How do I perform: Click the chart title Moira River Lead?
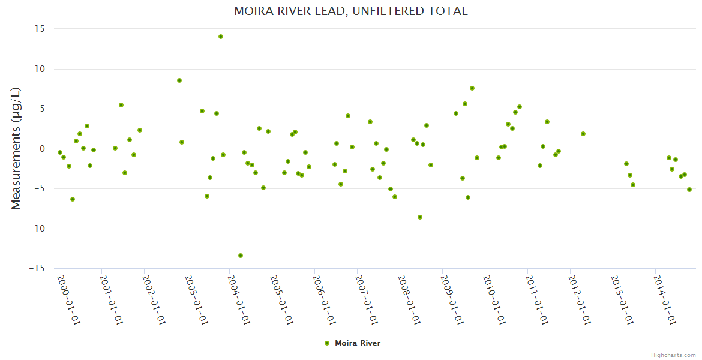(x=350, y=11)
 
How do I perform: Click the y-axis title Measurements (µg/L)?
(x=16, y=148)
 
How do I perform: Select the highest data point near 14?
(x=221, y=37)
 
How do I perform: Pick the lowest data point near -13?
(x=241, y=256)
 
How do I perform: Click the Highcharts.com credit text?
(x=673, y=355)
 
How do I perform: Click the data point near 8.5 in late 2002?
(x=179, y=80)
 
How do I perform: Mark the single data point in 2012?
(x=583, y=134)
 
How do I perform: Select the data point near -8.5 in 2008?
(x=420, y=217)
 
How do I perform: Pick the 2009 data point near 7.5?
(x=472, y=88)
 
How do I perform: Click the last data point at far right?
(x=689, y=190)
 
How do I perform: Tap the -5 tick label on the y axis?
(x=41, y=188)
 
